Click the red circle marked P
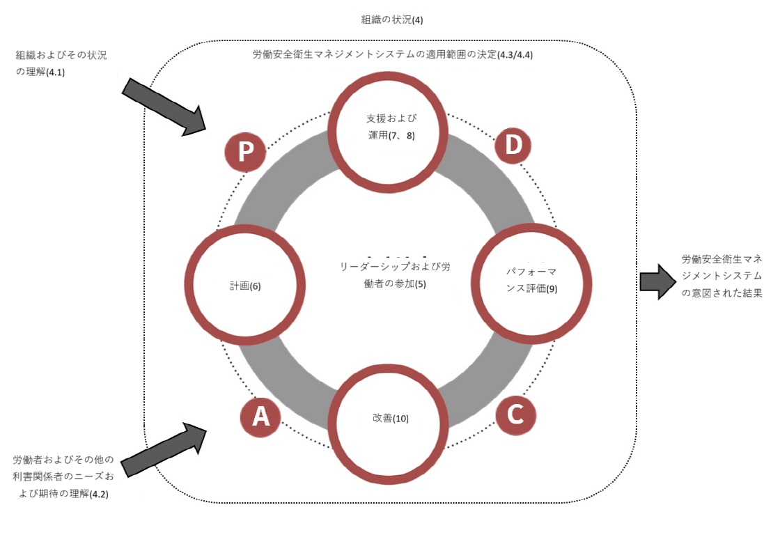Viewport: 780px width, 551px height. (x=245, y=151)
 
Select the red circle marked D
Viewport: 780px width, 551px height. (x=513, y=145)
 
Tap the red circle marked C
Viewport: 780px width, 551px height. (x=516, y=414)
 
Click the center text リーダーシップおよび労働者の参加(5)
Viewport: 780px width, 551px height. (x=395, y=274)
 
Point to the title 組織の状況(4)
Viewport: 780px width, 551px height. (x=392, y=20)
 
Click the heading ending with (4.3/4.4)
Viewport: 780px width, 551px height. (x=393, y=54)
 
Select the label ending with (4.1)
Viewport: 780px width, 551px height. (x=61, y=63)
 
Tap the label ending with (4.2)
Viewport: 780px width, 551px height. (x=63, y=476)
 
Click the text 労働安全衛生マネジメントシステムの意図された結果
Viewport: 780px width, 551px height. (x=721, y=276)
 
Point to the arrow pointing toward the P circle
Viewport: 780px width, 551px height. (x=164, y=107)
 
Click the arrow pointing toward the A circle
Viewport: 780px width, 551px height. (x=164, y=449)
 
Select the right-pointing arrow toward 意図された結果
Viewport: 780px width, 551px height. (x=657, y=281)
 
